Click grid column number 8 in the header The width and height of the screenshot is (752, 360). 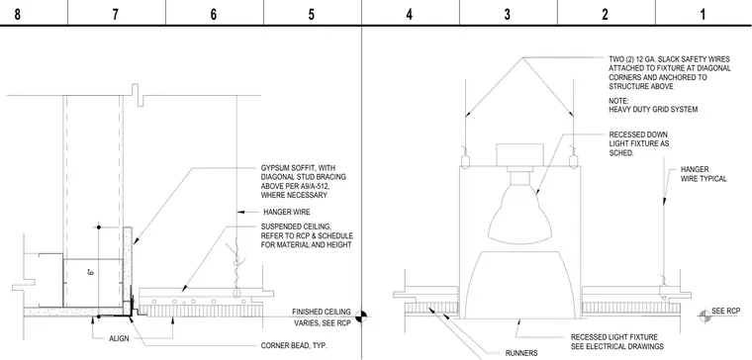point(17,14)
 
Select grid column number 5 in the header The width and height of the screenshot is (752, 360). point(312,14)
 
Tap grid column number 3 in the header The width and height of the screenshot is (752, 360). point(508,14)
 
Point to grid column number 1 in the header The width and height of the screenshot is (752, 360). point(703,14)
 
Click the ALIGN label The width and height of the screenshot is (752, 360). point(119,338)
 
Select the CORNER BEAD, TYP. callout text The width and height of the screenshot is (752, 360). point(294,345)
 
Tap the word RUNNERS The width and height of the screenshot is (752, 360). point(521,353)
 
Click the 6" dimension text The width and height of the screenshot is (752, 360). point(90,273)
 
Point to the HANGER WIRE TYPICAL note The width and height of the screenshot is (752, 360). point(704,174)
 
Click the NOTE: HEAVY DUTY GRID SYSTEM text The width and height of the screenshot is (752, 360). point(653,106)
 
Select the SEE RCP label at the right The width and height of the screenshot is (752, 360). point(724,311)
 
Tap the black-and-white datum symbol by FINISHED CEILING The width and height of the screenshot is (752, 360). point(361,316)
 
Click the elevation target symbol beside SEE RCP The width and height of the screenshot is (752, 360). point(705,315)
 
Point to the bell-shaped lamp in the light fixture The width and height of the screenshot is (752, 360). point(519,215)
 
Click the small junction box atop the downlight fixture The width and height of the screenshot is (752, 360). point(519,155)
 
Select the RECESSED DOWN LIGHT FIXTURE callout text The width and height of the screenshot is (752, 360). point(639,143)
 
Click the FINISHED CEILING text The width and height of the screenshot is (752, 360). point(322,313)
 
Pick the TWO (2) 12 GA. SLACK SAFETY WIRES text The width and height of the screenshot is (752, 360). point(670,59)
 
